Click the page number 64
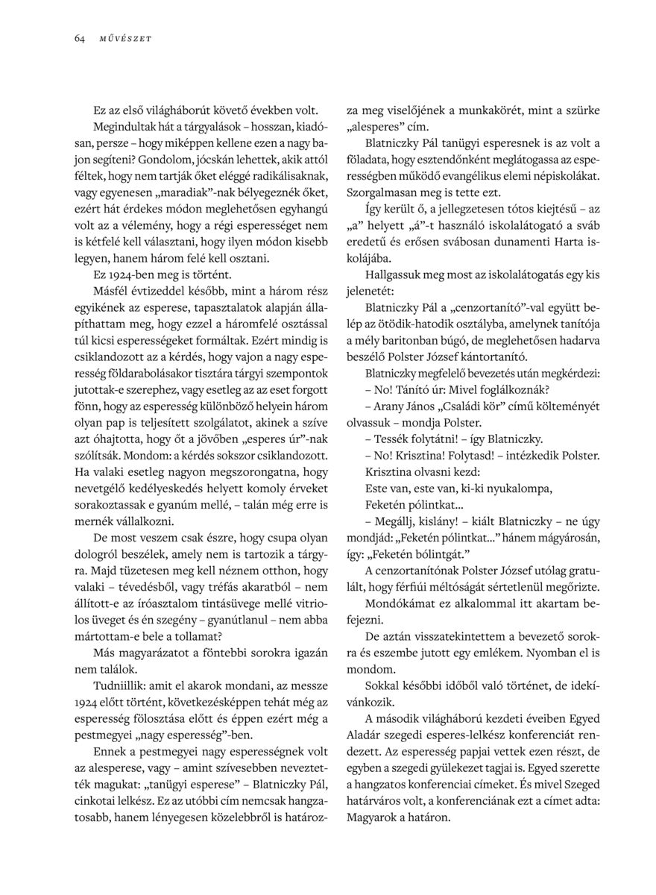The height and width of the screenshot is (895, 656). (x=79, y=39)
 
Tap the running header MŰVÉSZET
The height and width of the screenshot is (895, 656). (x=126, y=39)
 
